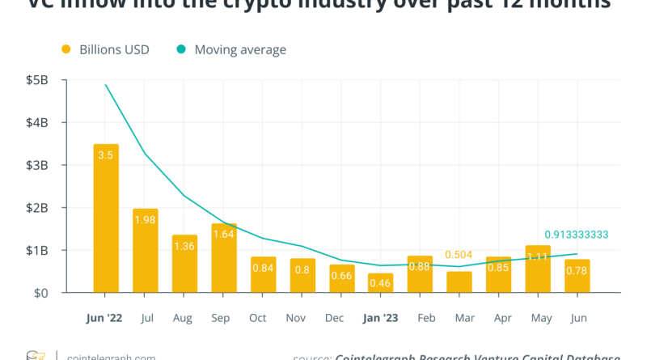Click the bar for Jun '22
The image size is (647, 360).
106,218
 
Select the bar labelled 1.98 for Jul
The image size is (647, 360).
146,251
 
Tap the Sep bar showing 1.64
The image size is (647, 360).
224,258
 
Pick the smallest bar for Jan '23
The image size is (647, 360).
380,283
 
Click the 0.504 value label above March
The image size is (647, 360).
459,255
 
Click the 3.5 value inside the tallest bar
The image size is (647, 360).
106,154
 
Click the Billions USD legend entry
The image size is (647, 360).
114,49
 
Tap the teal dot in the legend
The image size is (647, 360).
181,49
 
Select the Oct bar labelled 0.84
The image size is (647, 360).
263,275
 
